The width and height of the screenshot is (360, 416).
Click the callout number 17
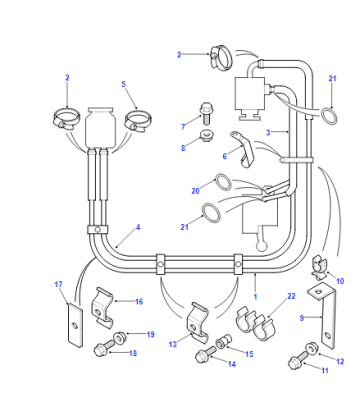point(58,284)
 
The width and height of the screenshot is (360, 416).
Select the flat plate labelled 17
point(75,326)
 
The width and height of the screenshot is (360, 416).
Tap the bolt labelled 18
point(104,348)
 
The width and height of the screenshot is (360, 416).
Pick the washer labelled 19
point(120,338)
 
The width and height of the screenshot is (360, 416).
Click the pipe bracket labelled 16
point(102,306)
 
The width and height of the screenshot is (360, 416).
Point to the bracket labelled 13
point(198,322)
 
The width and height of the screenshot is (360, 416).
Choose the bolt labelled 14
point(205,354)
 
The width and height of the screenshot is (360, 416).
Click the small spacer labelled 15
point(224,342)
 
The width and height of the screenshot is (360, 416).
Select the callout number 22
point(291,296)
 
